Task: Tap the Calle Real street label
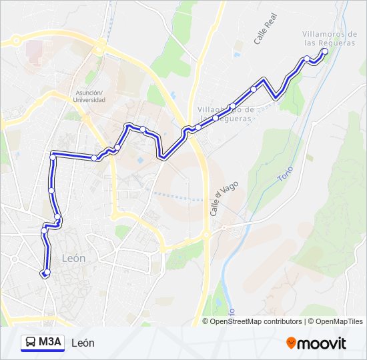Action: (265, 31)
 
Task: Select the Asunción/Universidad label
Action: (90, 96)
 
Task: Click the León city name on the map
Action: (73, 258)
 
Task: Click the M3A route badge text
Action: (50, 343)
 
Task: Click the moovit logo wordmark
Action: (322, 343)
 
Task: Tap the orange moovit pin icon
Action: (291, 343)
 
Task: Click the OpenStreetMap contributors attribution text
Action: (256, 321)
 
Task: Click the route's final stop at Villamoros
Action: (324, 51)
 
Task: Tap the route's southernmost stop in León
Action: (45, 273)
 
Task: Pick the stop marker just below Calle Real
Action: (254, 89)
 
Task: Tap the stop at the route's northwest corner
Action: (53, 157)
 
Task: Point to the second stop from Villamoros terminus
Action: (307, 59)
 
